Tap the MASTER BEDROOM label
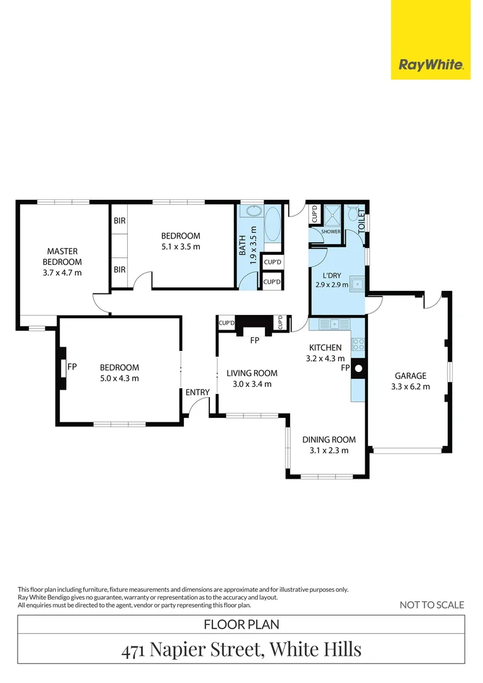pyautogui.click(x=63, y=257)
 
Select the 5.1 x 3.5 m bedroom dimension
pyautogui.click(x=181, y=247)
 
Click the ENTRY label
pyautogui.click(x=198, y=393)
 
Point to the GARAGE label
pyautogui.click(x=410, y=376)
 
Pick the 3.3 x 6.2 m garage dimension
pyautogui.click(x=410, y=386)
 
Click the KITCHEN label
pyautogui.click(x=326, y=348)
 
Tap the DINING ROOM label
pyautogui.click(x=329, y=440)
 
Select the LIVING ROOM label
pyautogui.click(x=252, y=373)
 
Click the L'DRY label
pyautogui.click(x=332, y=275)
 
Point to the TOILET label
pyautogui.click(x=362, y=221)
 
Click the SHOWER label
pyautogui.click(x=331, y=231)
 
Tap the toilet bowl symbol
pyautogui.click(x=352, y=214)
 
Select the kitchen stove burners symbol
pyautogui.click(x=358, y=345)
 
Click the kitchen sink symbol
pyautogui.click(x=334, y=324)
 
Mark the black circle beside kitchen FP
pyautogui.click(x=358, y=369)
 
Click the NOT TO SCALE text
pyautogui.click(x=432, y=605)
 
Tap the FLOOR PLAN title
pyautogui.click(x=241, y=625)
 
